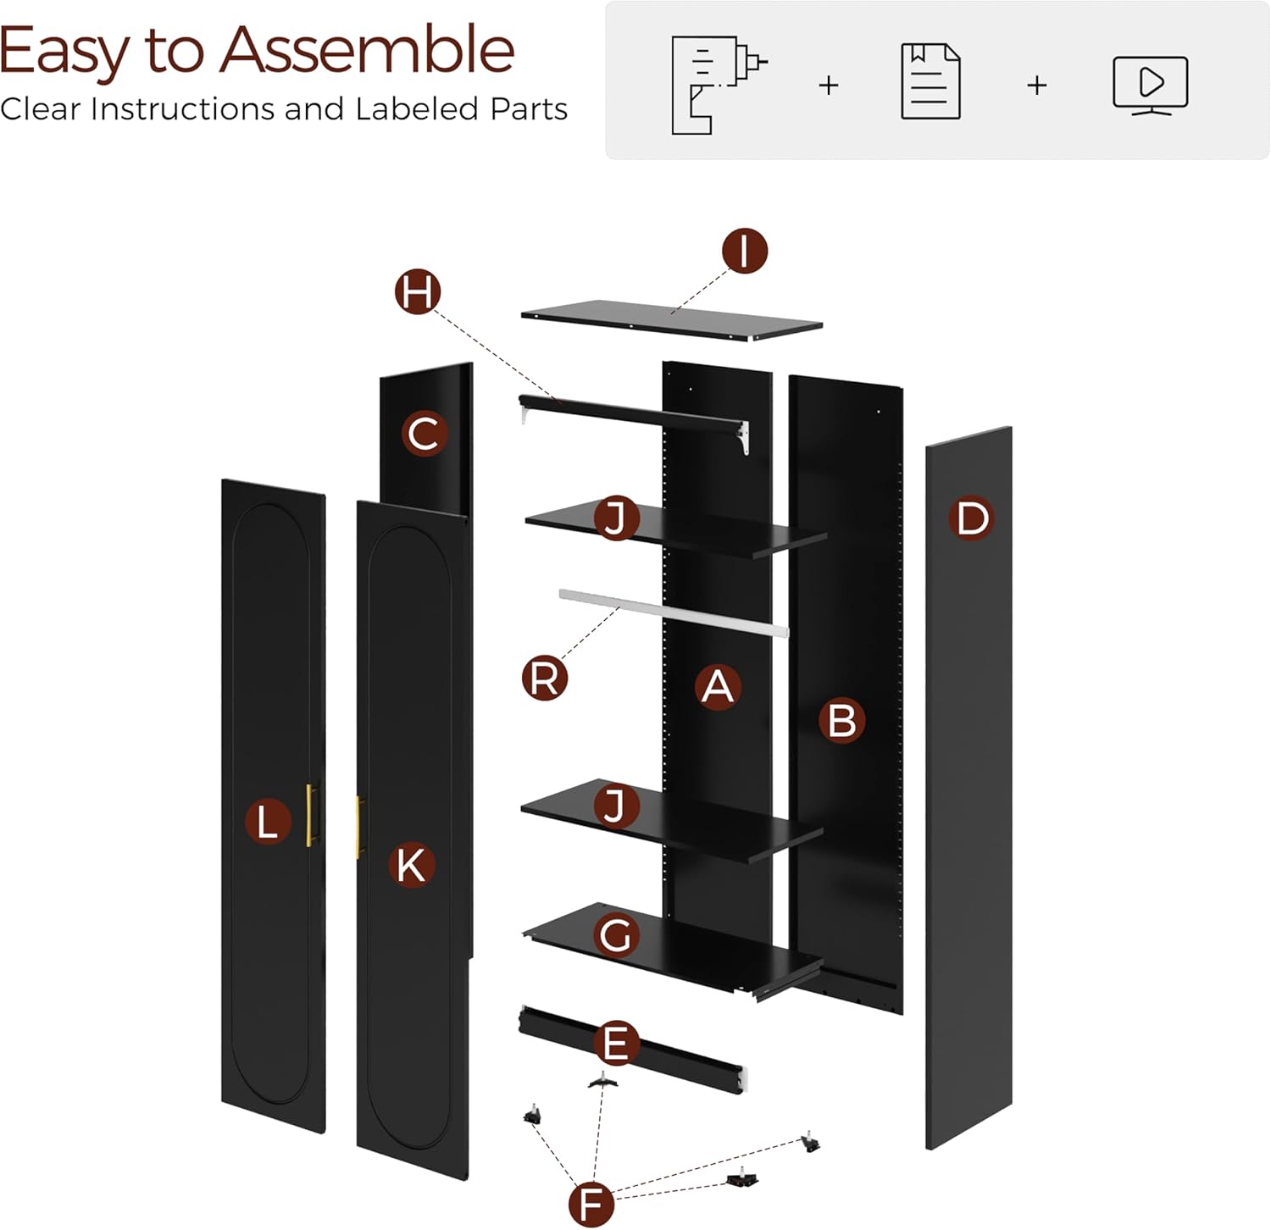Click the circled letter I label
point(745,251)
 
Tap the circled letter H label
point(418,292)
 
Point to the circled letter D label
point(972,518)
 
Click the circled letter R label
point(544,678)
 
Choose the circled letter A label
point(718,686)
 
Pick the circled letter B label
point(841,721)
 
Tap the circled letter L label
point(268,823)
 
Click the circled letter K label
point(411,865)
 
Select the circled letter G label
point(616,936)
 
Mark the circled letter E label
point(616,1043)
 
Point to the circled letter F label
point(591,1203)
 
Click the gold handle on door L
point(312,814)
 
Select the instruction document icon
point(930,81)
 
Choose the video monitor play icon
point(1151,85)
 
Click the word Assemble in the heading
point(367,51)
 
